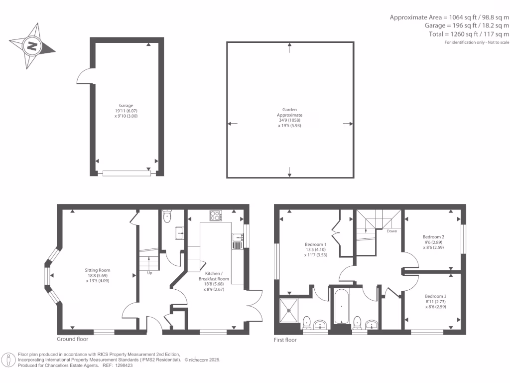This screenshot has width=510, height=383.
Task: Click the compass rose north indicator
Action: (32, 46)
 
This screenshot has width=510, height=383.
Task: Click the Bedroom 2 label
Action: (433, 241)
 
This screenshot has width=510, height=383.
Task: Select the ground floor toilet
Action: (167, 216)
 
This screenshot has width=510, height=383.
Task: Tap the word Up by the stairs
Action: (149, 273)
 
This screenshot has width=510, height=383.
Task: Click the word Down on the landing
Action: (392, 231)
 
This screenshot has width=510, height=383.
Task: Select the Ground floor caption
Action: (72, 340)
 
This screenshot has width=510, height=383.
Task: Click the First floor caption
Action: (285, 340)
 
